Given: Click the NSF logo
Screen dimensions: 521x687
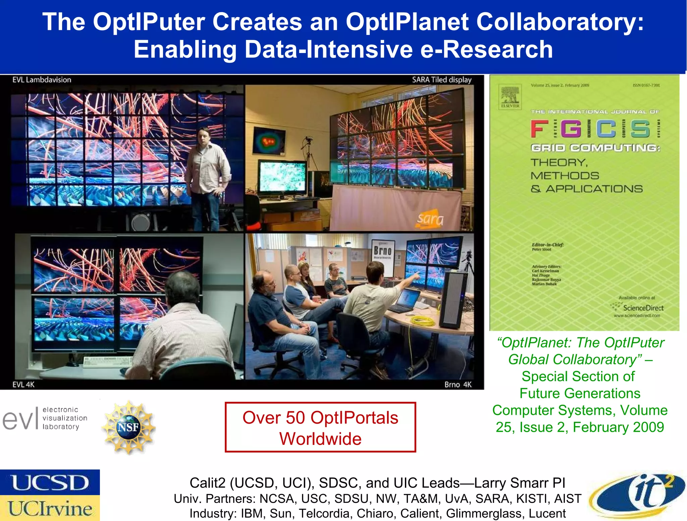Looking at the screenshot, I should (x=128, y=427).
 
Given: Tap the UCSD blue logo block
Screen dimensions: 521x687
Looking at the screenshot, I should (x=50, y=482).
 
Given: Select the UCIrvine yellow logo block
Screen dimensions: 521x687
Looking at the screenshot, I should (x=50, y=508).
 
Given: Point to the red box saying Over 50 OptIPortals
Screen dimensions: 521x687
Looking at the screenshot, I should (x=320, y=427).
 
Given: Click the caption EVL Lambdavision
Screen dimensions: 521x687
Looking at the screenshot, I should (x=42, y=80).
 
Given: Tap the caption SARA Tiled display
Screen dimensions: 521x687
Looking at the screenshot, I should (x=441, y=80).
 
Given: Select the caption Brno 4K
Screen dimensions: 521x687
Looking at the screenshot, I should (x=458, y=384).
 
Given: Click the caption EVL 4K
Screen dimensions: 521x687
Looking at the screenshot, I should (x=23, y=384).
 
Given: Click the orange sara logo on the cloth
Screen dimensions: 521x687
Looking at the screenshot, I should (x=430, y=219).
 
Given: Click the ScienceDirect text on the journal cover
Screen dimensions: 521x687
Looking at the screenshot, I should (x=643, y=308).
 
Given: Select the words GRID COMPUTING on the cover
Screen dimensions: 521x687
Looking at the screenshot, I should (x=595, y=148).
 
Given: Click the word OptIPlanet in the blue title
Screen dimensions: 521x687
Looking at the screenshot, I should (x=407, y=22).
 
